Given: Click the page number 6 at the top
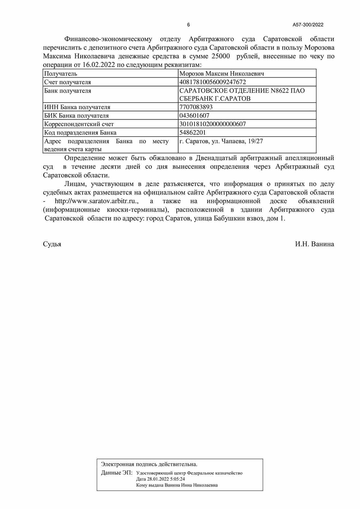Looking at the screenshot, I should point(188,25).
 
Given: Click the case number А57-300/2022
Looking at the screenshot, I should point(308,25).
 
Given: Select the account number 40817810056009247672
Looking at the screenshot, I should point(213,82).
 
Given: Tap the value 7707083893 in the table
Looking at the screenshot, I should point(196,107).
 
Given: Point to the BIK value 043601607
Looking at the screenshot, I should point(194,115).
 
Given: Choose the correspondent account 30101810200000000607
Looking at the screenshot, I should point(213,124).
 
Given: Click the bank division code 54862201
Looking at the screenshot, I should point(193,132).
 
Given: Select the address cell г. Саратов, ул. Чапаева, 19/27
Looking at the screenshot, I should point(221,141).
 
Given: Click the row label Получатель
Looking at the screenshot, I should point(61,73).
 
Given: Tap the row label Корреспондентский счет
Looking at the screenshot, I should point(79,124).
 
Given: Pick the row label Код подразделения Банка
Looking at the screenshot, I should point(80,132).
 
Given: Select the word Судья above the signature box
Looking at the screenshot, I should point(52,244).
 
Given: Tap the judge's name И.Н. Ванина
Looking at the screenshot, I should point(315,244).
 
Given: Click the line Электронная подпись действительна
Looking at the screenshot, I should point(149,464).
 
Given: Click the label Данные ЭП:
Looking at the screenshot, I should point(116,473).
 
